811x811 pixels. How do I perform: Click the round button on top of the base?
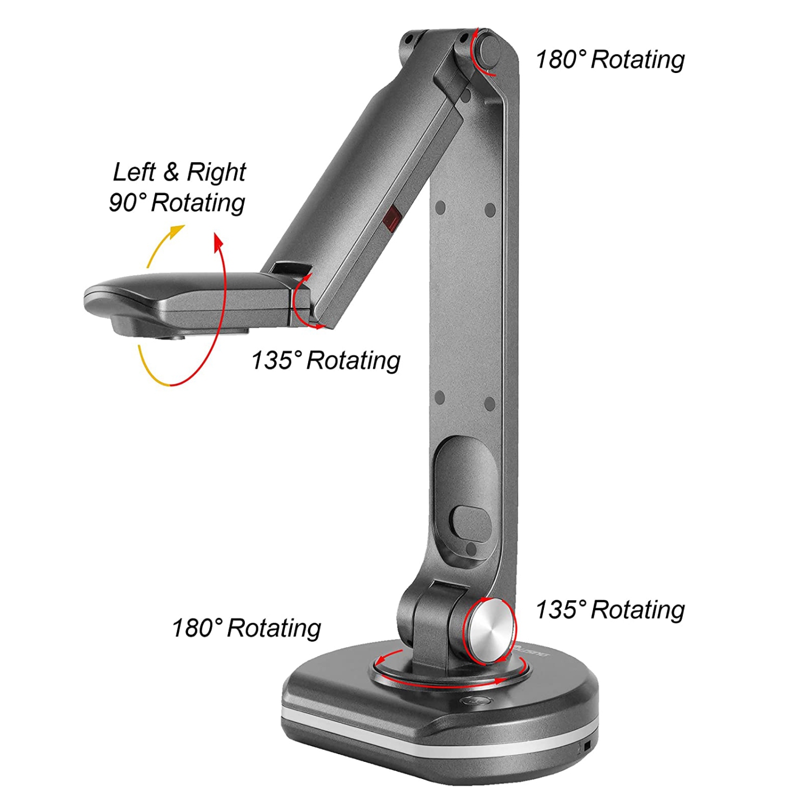point(475,701)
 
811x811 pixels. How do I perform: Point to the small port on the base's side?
point(587,748)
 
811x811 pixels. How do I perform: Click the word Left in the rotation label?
point(134,172)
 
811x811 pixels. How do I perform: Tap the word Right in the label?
point(216,172)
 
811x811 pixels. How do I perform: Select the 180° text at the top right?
point(560,59)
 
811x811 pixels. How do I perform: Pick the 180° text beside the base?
point(197,628)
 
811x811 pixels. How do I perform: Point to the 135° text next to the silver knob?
point(560,610)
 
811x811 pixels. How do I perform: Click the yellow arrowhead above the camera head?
point(175,232)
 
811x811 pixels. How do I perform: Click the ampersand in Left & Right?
point(171,172)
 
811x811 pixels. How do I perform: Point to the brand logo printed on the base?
point(532,651)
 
